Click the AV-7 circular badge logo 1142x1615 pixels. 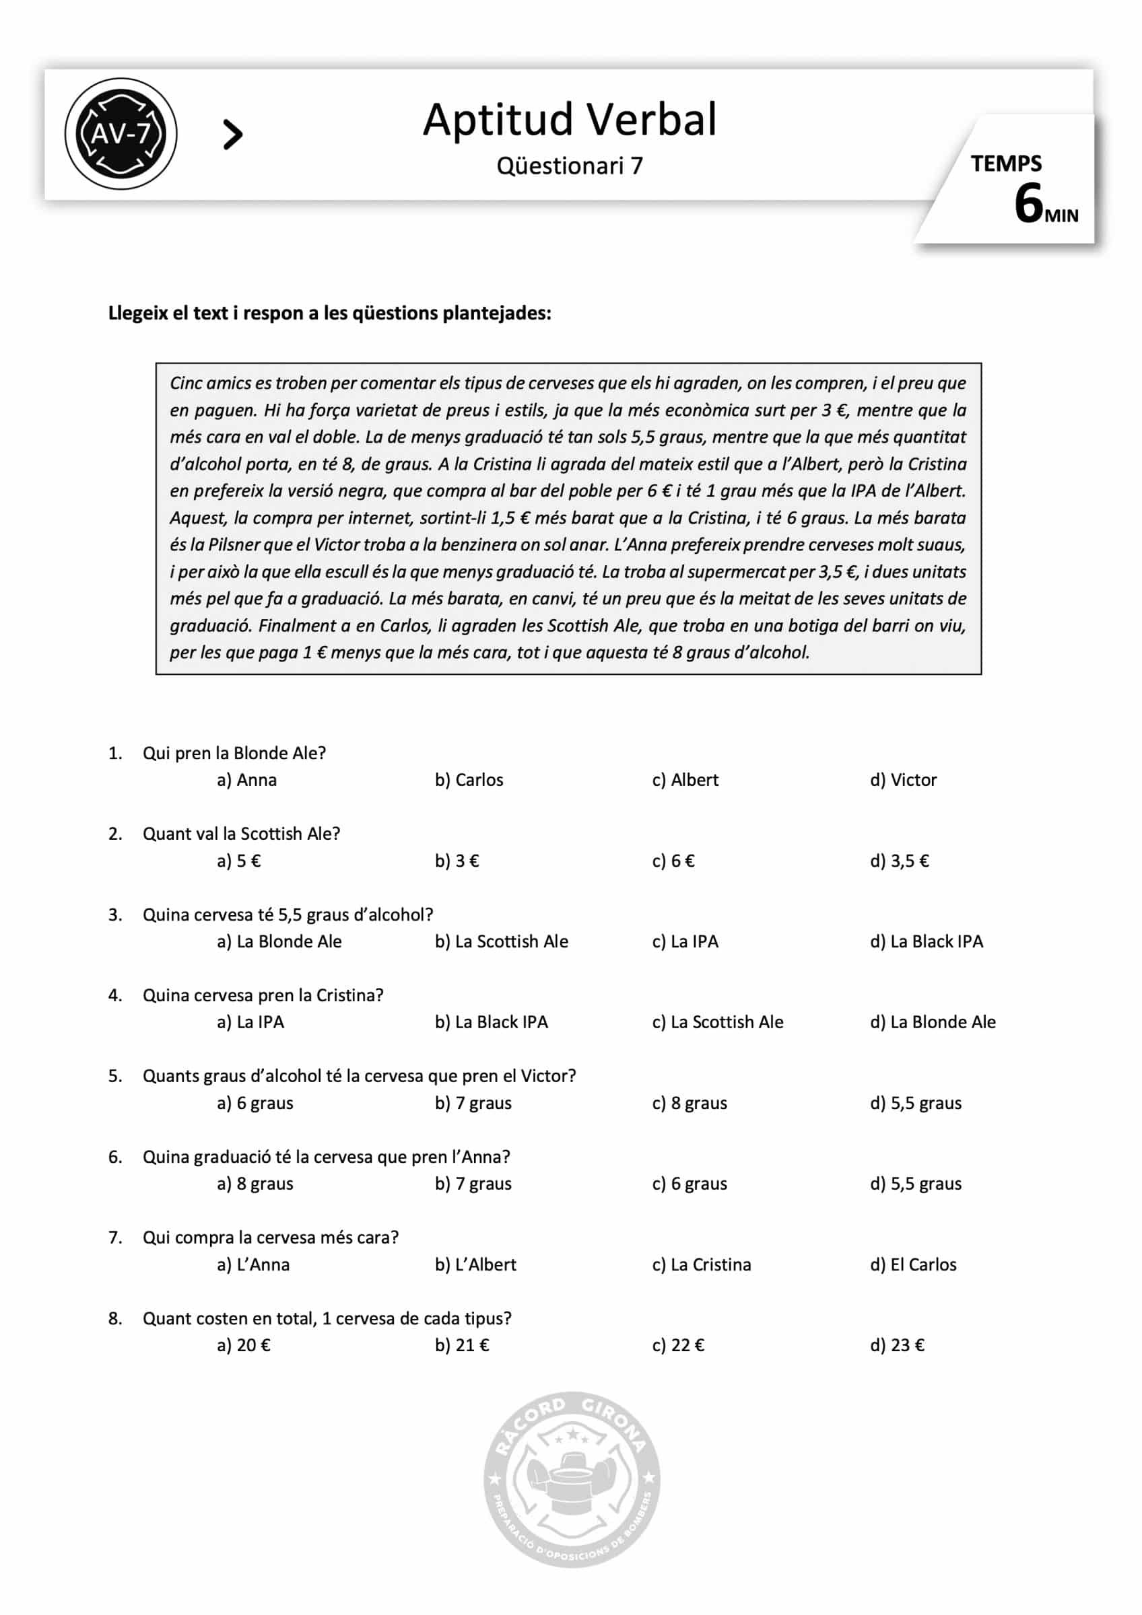click(x=121, y=134)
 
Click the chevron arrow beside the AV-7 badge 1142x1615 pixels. click(x=232, y=135)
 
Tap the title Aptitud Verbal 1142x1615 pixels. click(x=569, y=120)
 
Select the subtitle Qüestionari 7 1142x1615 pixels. click(x=569, y=166)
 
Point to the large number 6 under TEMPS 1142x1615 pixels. click(x=1028, y=204)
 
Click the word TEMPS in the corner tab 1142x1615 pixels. click(x=1005, y=164)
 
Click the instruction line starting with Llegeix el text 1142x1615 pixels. click(x=329, y=314)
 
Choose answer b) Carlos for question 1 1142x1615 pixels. click(x=469, y=780)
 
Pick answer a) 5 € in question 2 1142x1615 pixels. click(x=238, y=861)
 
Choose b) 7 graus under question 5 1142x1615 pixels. click(x=473, y=1103)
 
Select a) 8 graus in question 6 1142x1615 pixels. click(x=255, y=1184)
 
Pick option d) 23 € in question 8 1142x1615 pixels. click(x=897, y=1346)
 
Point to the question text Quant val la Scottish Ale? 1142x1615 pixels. click(x=241, y=834)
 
